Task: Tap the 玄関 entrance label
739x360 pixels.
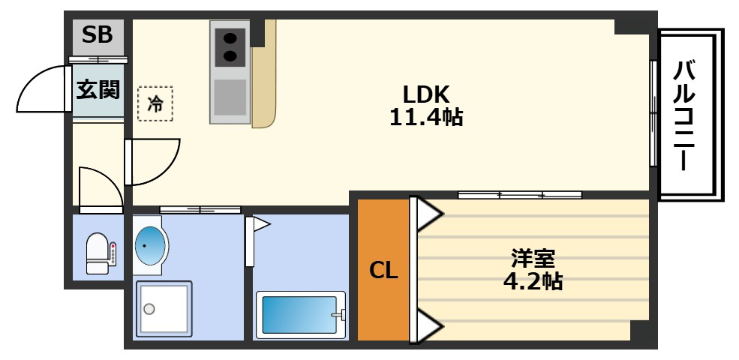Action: pos(98,90)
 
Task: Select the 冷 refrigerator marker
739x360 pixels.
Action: pos(155,103)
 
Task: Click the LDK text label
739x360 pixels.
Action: pos(425,94)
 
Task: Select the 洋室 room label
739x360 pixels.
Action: pos(533,259)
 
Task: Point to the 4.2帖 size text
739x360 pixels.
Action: pos(533,282)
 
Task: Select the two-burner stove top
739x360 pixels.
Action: pos(230,46)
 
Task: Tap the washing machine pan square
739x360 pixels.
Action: pos(164,308)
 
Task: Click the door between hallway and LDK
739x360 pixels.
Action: pos(154,161)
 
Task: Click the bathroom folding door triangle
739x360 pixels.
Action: pos(260,223)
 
